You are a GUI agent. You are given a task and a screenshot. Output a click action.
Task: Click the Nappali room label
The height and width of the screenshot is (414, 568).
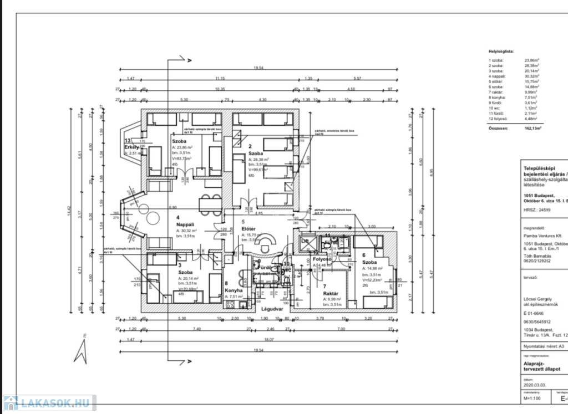pos(185,224)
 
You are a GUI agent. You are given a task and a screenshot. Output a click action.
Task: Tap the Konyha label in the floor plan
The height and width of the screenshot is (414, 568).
pos(234,290)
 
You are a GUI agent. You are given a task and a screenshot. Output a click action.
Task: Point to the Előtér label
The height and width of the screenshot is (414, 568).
pos(248,228)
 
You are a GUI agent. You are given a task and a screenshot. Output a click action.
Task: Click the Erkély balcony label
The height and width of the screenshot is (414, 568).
pos(132,147)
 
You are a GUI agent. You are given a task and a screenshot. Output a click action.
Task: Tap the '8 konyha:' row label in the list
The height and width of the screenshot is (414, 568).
pos(496,96)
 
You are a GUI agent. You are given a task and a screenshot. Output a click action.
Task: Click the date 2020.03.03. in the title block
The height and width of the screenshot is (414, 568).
pos(534,384)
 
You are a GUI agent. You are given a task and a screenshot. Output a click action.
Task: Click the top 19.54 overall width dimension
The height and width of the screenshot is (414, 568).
pos(258,67)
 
